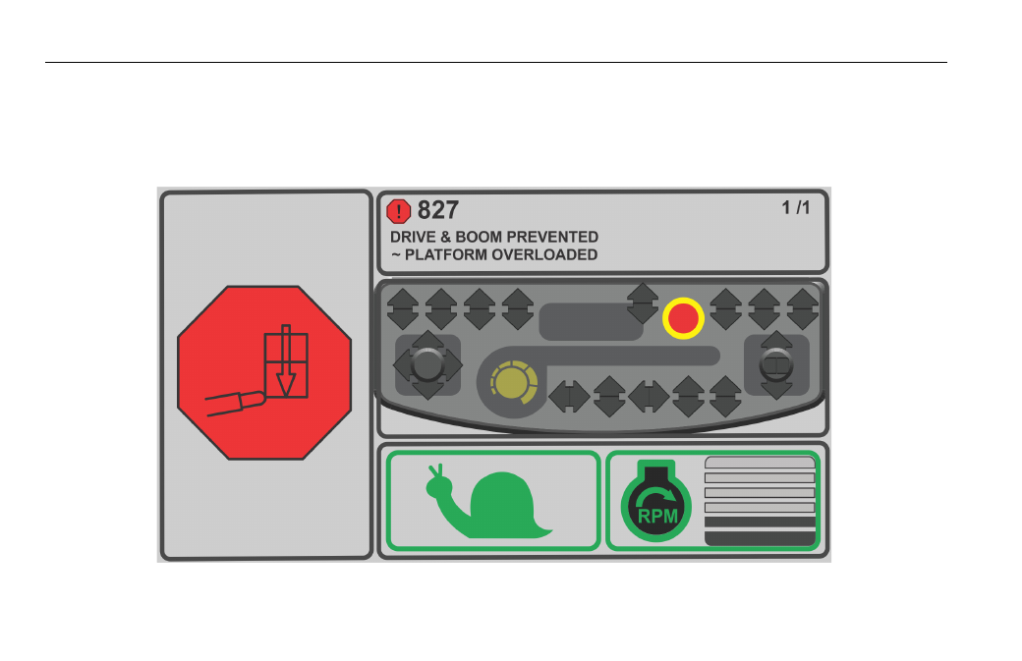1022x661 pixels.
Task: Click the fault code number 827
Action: [x=438, y=210]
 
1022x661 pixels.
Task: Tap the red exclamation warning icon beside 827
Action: [x=398, y=211]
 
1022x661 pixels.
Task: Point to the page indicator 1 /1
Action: [x=796, y=208]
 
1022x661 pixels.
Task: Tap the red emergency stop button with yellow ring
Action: [x=683, y=318]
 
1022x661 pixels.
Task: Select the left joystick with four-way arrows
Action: [x=427, y=364]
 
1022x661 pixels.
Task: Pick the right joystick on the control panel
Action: [x=776, y=364]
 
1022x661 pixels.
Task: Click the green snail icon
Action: [x=488, y=502]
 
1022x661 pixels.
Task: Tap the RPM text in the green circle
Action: [x=657, y=517]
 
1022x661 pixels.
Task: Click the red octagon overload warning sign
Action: [x=264, y=372]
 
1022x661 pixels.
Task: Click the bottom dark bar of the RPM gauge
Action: [x=760, y=538]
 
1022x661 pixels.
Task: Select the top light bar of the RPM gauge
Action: [x=760, y=463]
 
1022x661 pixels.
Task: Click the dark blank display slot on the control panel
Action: [x=592, y=322]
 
